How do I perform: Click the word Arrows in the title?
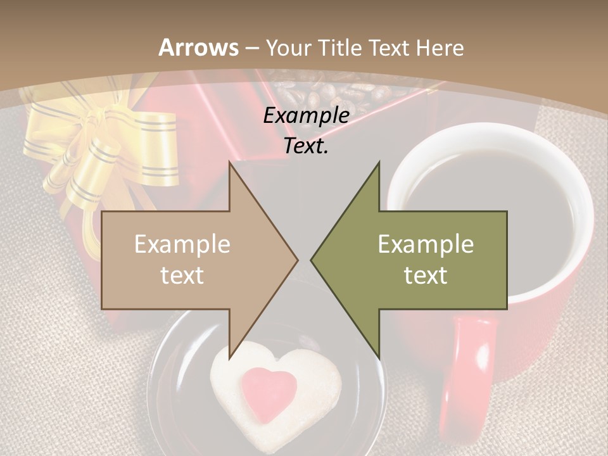pos(199,47)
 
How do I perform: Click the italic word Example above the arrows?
pos(306,115)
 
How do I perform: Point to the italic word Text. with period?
pos(306,146)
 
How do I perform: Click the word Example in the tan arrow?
pos(182,244)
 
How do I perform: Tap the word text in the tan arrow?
pos(182,275)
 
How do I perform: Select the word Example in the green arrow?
pos(426,244)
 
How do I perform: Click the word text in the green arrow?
pos(426,275)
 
